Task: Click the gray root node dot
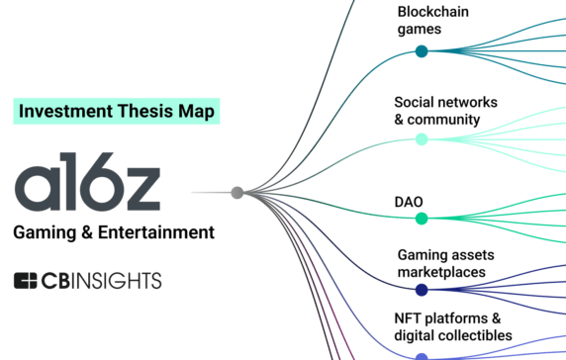point(236,193)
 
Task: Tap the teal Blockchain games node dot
point(422,52)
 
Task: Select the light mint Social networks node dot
point(422,139)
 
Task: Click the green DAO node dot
point(422,219)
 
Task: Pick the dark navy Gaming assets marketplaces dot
point(422,290)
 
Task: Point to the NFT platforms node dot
point(422,355)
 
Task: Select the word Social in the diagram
point(416,102)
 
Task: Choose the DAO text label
point(410,202)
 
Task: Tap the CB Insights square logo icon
point(26,281)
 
